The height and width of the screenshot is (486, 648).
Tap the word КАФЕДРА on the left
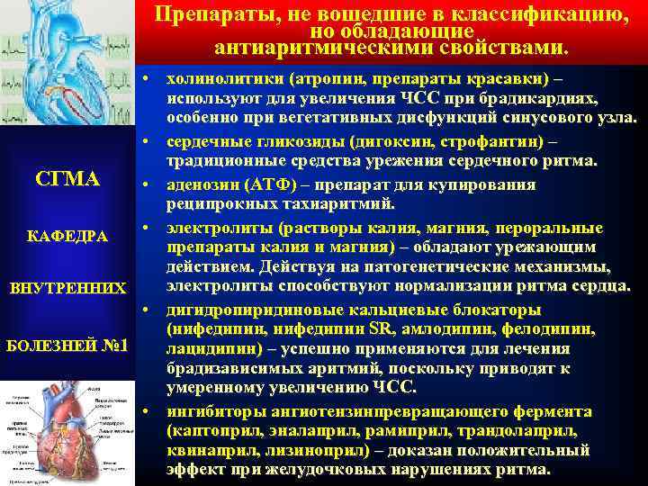68,236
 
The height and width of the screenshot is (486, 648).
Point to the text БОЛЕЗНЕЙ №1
68,346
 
